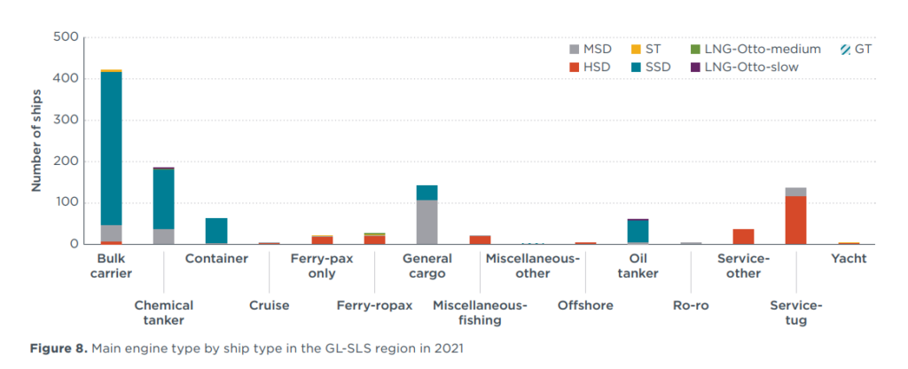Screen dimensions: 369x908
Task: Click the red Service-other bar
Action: point(743,236)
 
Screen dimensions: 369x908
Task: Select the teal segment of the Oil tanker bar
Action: point(638,231)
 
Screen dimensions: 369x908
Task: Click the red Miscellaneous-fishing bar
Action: point(480,239)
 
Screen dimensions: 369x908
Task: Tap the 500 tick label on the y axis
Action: point(67,37)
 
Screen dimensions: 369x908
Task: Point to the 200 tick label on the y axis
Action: point(67,161)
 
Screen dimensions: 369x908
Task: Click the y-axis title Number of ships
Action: point(37,140)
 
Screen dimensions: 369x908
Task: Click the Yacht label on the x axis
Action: point(849,259)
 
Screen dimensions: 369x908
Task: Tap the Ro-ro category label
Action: point(691,305)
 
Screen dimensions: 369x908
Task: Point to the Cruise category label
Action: point(269,305)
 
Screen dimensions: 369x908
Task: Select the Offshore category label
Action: point(584,305)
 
